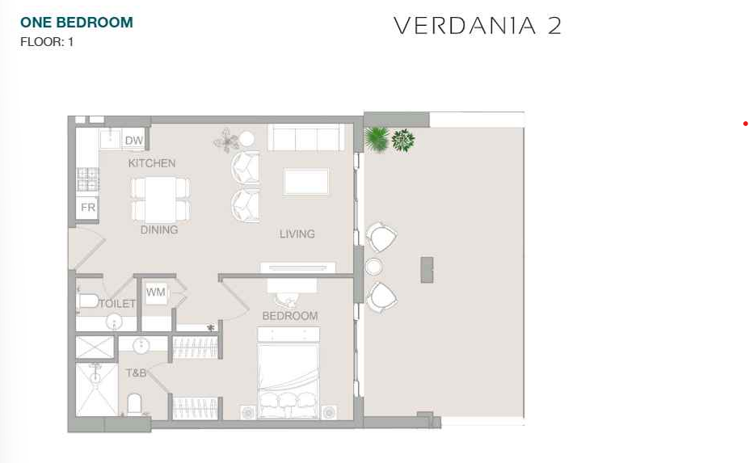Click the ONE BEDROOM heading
click(x=77, y=23)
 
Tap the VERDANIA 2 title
click(x=478, y=26)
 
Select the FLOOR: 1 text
click(x=47, y=42)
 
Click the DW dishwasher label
click(x=134, y=141)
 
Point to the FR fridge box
click(x=87, y=208)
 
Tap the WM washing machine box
click(x=156, y=292)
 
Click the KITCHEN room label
click(x=152, y=163)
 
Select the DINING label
click(x=159, y=229)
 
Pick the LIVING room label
click(x=297, y=234)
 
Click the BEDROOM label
click(x=290, y=316)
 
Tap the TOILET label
click(x=117, y=304)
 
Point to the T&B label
click(x=136, y=373)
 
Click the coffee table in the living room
click(x=305, y=182)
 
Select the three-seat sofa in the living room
click(x=306, y=137)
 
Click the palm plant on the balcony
click(x=377, y=139)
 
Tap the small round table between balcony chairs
click(x=373, y=267)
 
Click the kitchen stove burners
click(x=88, y=179)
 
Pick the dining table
click(x=161, y=200)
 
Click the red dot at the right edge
click(x=745, y=124)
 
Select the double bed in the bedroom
click(x=288, y=373)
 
